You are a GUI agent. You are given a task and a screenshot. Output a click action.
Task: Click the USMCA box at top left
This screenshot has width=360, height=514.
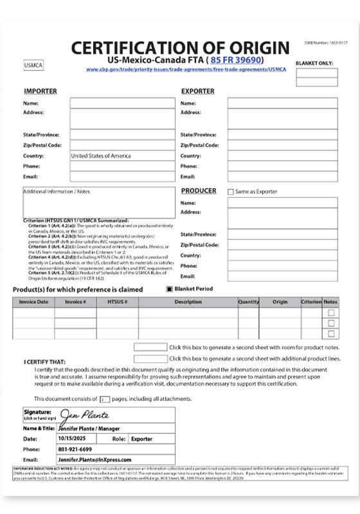tap(33, 66)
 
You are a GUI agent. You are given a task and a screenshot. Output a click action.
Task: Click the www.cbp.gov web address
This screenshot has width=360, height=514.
tap(186, 69)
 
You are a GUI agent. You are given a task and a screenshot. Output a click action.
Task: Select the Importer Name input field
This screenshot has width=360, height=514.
tap(122, 103)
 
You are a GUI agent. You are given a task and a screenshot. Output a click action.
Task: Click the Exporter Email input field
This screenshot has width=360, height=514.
tap(282, 177)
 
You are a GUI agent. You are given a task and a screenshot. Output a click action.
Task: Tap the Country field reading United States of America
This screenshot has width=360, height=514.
tap(122, 156)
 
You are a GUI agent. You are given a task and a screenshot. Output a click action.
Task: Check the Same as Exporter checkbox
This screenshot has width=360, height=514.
tap(231, 191)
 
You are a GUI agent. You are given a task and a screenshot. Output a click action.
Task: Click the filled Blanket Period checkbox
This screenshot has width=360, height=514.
tap(170, 289)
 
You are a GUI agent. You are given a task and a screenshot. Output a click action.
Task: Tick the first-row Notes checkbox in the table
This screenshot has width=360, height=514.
tap(331, 313)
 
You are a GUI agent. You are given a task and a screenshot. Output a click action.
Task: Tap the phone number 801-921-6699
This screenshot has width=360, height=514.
tap(75, 449)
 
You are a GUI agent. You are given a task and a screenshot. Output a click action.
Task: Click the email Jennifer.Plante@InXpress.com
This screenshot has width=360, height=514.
tap(94, 460)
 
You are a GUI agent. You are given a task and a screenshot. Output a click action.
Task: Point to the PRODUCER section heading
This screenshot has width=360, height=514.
tap(199, 191)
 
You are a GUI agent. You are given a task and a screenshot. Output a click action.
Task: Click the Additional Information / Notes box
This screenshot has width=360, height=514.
tap(98, 202)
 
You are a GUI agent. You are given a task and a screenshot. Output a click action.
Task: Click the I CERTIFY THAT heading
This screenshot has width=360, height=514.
tap(44, 362)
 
